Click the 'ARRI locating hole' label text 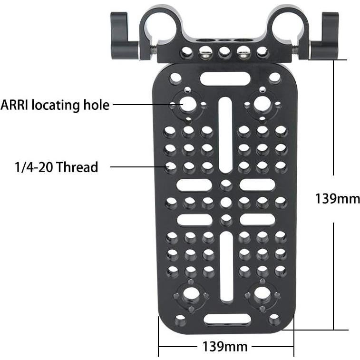pos(55,105)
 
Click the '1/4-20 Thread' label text pos(56,167)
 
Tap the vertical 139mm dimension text pos(337,198)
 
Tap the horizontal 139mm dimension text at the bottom pos(225,347)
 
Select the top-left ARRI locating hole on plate pos(187,103)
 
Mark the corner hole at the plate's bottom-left pos(181,319)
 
